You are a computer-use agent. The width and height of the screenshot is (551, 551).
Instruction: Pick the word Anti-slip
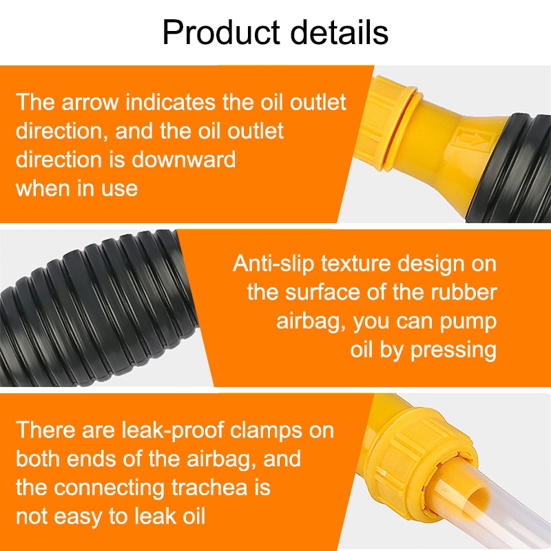tap(273, 263)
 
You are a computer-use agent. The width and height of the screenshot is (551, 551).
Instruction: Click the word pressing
tap(454, 351)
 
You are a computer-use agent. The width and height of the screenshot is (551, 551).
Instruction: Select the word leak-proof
tap(173, 430)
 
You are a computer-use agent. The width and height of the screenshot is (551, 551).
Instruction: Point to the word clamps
tap(267, 430)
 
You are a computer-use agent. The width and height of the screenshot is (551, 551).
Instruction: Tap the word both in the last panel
tap(39, 459)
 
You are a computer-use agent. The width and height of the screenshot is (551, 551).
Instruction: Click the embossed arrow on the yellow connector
tap(472, 140)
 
